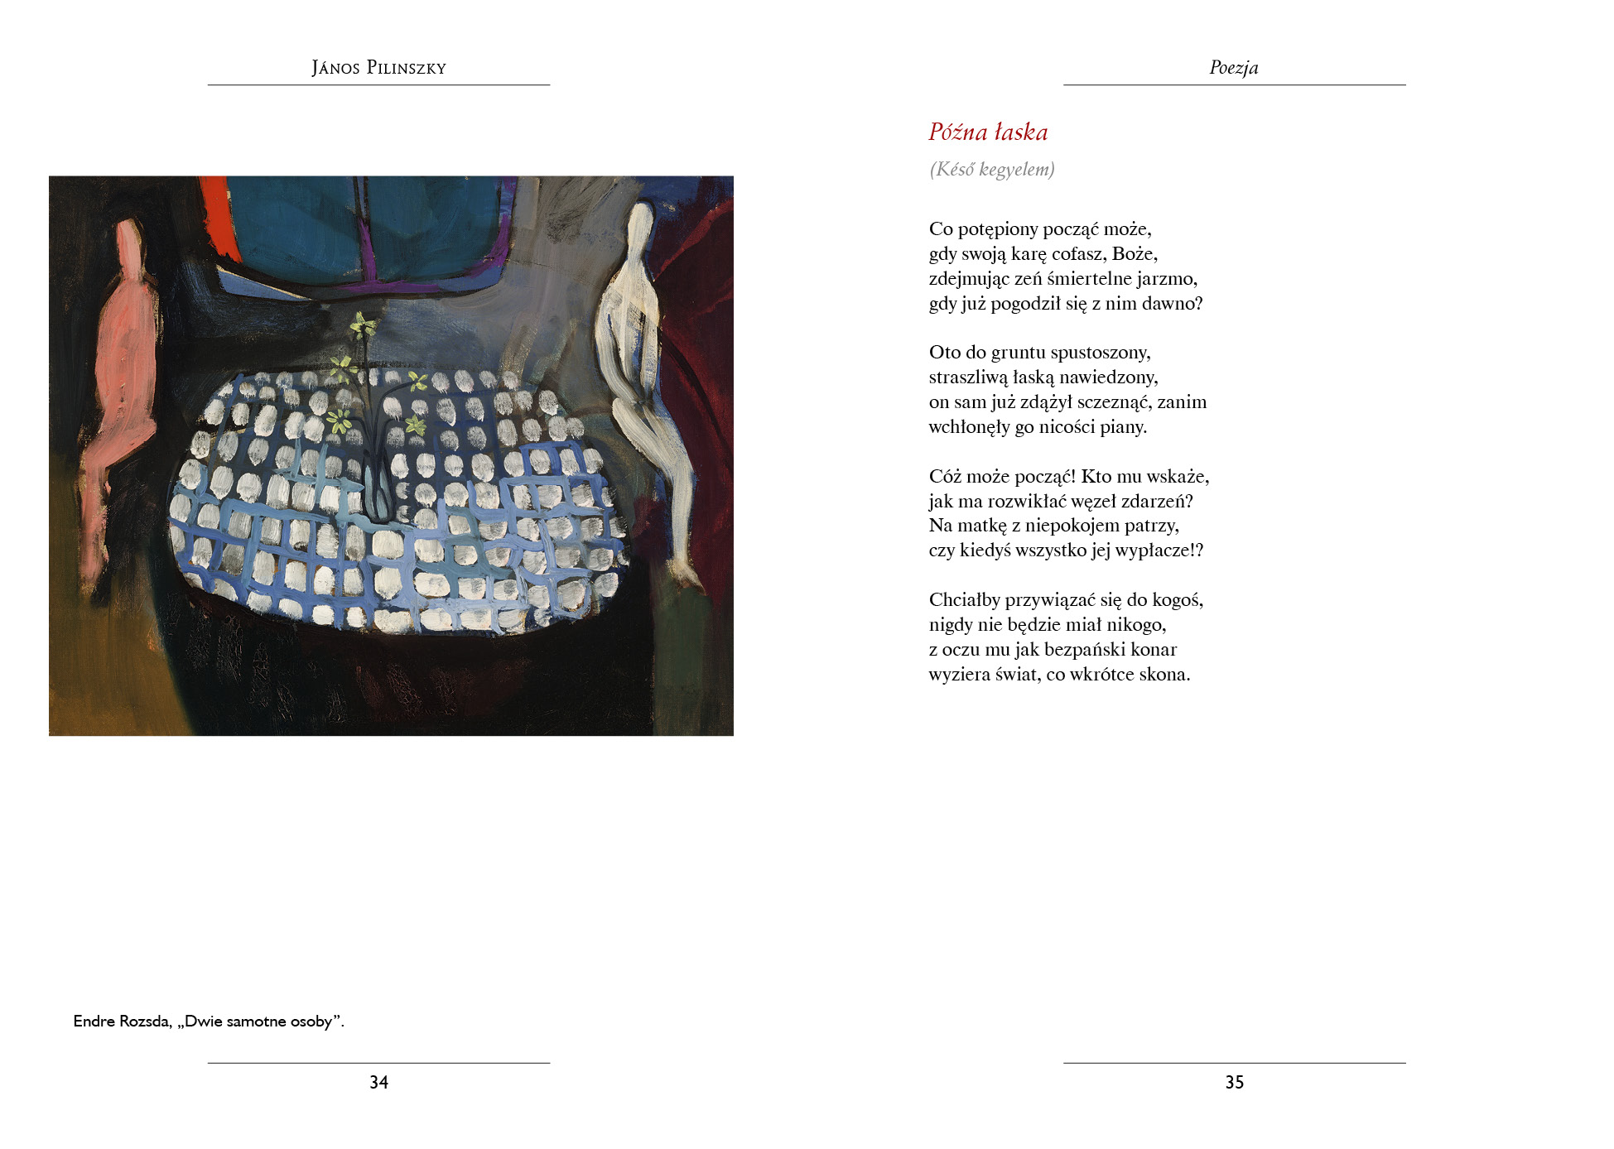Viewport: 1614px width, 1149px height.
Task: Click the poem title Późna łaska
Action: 988,132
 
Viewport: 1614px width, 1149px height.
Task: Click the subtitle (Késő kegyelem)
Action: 991,170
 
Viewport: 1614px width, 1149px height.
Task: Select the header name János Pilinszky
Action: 378,68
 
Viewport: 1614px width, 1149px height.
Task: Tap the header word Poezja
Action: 1233,68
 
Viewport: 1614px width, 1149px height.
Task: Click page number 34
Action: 378,1082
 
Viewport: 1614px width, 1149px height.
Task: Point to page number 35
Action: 1234,1082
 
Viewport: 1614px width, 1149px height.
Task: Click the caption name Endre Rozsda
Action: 121,1022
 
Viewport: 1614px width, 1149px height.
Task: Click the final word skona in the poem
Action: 1164,675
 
